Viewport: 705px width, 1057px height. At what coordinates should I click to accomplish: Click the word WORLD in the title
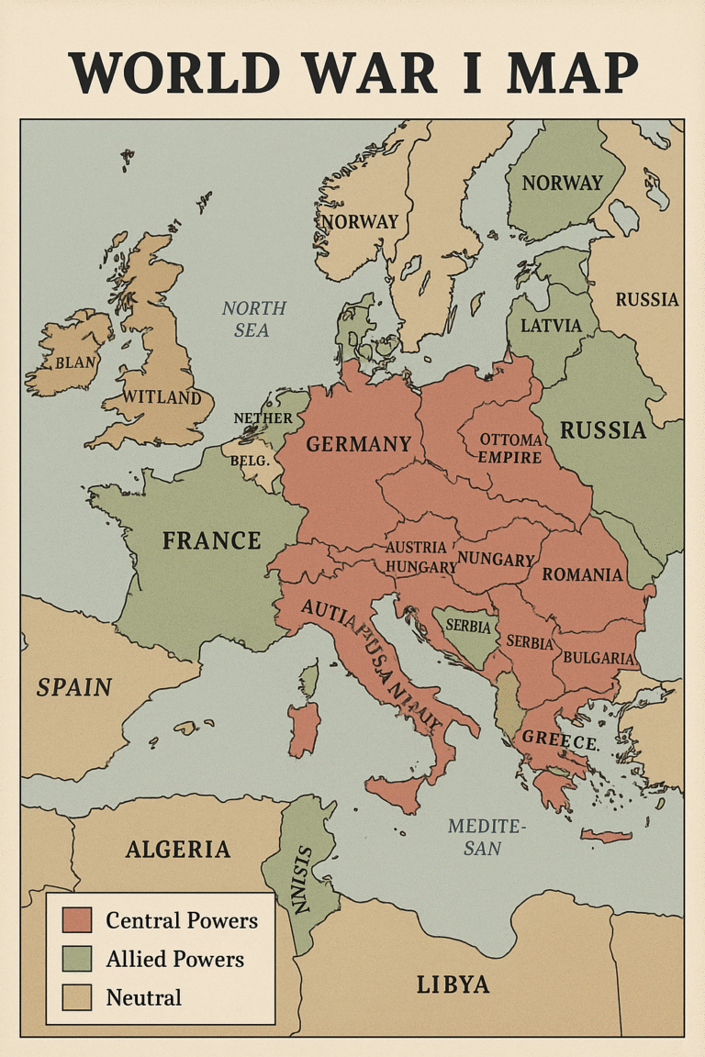(x=174, y=73)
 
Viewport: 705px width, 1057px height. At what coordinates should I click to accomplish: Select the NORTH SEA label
(x=253, y=318)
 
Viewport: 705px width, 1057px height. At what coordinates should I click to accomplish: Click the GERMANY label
(x=358, y=444)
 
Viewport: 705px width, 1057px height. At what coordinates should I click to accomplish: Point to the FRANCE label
(x=211, y=540)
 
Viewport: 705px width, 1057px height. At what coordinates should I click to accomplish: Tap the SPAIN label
(x=73, y=687)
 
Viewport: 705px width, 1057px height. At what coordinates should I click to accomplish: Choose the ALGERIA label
(x=177, y=849)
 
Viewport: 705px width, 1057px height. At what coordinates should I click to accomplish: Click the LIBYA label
(x=453, y=985)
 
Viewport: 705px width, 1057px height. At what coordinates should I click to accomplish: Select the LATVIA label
(x=551, y=326)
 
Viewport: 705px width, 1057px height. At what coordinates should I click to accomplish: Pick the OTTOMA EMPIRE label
(x=509, y=448)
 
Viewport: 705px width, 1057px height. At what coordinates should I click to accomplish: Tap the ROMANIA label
(x=582, y=575)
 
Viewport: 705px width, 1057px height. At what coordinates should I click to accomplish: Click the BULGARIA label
(x=599, y=658)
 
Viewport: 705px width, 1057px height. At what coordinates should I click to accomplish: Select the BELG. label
(x=251, y=460)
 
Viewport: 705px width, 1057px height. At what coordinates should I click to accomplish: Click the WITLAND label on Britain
(x=162, y=397)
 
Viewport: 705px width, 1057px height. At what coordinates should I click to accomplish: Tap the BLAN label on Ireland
(x=74, y=362)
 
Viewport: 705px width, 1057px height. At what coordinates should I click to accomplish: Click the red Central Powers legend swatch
(x=77, y=920)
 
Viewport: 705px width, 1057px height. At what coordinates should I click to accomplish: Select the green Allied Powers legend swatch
(x=77, y=959)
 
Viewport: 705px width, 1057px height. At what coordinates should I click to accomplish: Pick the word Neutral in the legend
(x=143, y=997)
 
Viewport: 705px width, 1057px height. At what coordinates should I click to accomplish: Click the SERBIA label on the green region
(x=469, y=624)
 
